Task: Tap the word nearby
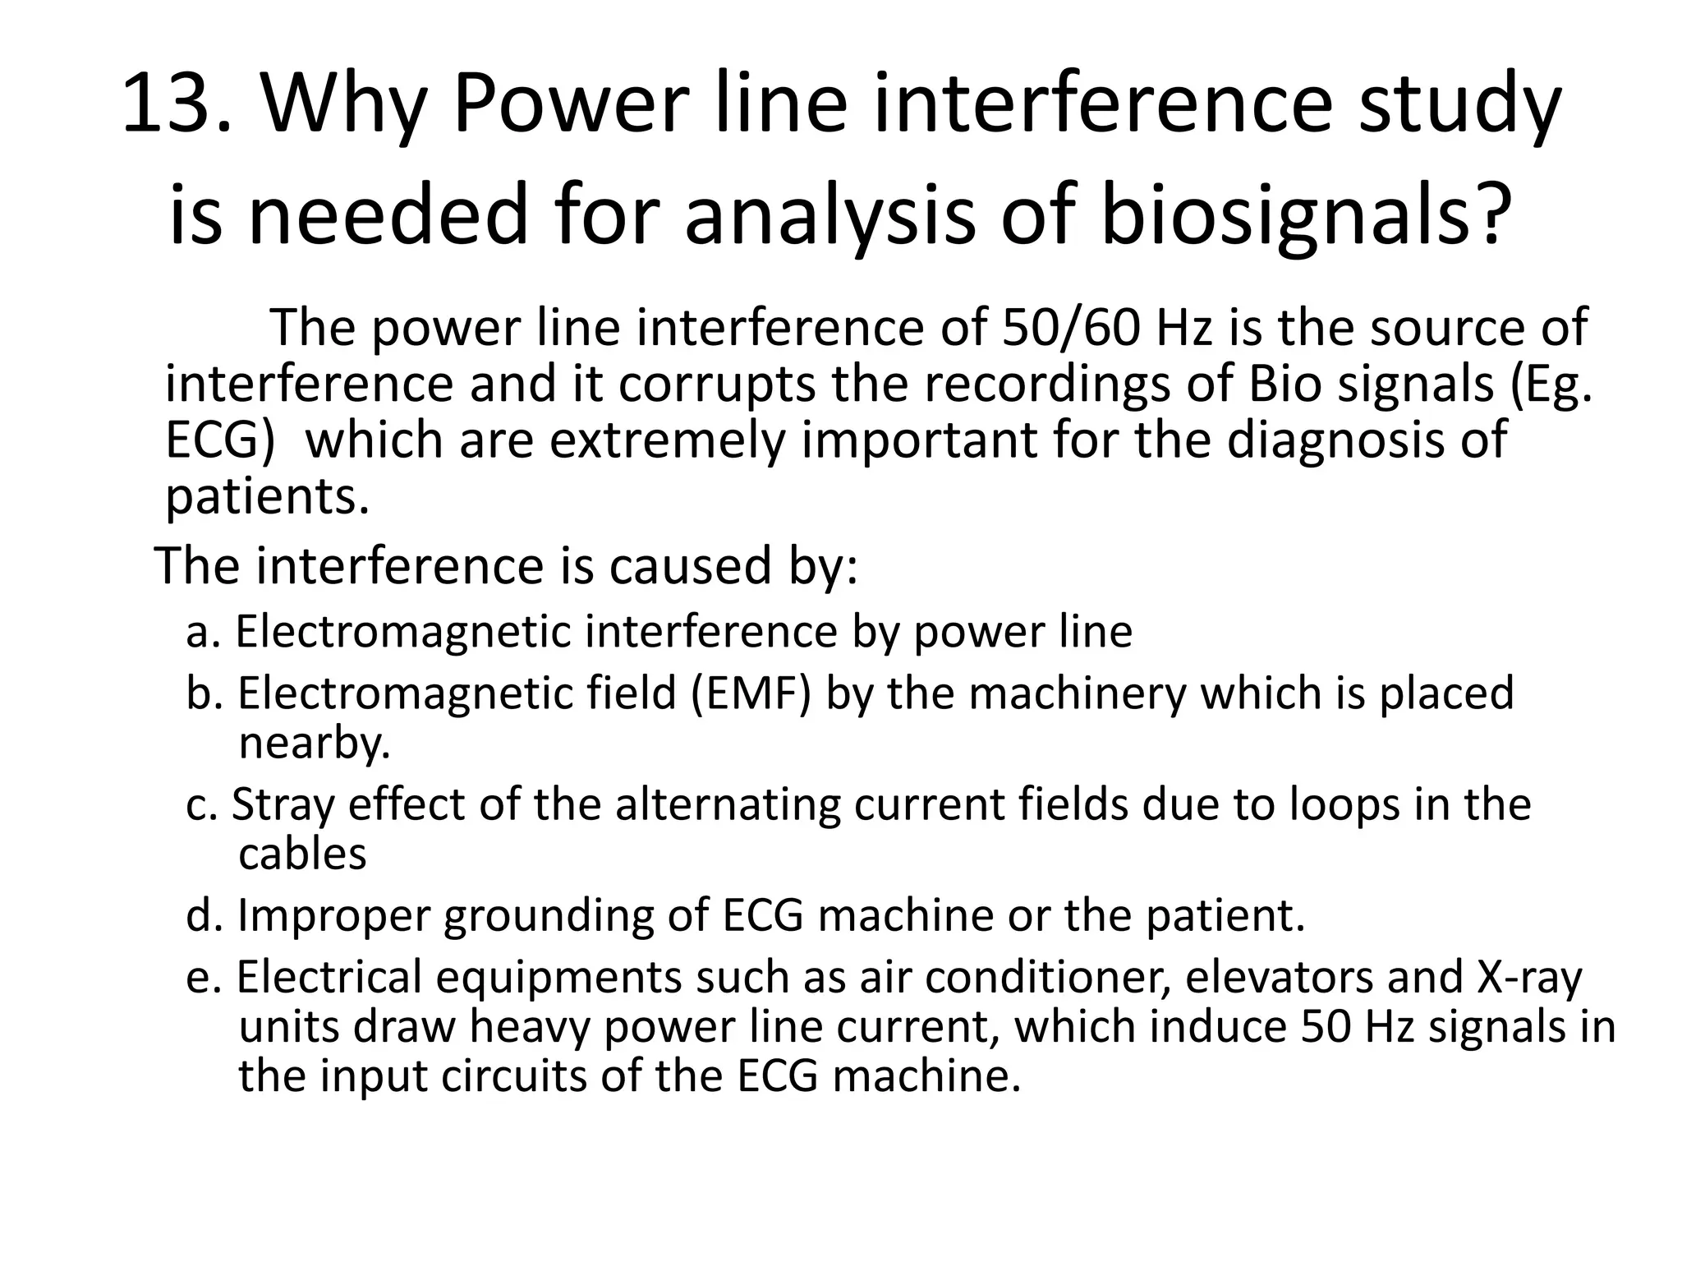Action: click(314, 743)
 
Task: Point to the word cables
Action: click(302, 854)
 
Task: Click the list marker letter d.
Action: click(199, 914)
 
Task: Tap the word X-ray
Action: click(1530, 977)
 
